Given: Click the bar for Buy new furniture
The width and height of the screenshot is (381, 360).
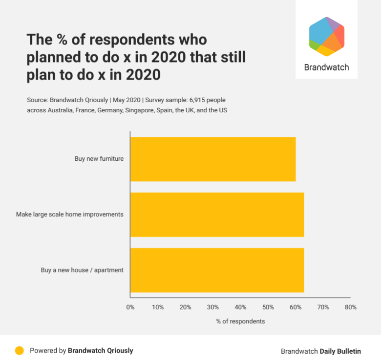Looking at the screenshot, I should coord(213,159).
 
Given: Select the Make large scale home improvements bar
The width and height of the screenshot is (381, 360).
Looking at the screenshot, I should coord(217,214).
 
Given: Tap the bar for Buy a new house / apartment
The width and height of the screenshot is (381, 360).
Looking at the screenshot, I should coord(217,270).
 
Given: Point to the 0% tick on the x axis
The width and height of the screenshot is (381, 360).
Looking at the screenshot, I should coord(130,307).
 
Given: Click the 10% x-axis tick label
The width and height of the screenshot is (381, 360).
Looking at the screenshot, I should coord(158,307).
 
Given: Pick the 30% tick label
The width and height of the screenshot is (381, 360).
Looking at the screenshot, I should coord(213,307).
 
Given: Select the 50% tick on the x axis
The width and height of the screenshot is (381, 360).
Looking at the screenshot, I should coord(268,307).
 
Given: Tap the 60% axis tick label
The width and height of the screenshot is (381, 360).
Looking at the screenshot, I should coord(296,307).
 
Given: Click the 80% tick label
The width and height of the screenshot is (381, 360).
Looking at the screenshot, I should coord(350,307).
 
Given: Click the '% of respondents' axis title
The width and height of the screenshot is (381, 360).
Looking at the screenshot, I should coord(240,321).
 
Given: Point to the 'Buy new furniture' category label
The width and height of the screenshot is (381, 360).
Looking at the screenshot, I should coord(99,159).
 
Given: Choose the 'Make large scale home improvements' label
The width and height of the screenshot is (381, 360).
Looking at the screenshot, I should coord(69,214).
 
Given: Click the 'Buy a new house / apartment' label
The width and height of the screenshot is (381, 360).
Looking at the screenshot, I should coord(82,270).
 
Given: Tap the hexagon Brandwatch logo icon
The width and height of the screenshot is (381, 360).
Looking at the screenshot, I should coord(327,37).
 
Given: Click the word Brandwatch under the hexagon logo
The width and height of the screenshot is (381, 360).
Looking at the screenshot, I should coord(326,67).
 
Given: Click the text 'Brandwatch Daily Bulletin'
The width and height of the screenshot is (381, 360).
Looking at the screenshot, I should coord(321,351).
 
